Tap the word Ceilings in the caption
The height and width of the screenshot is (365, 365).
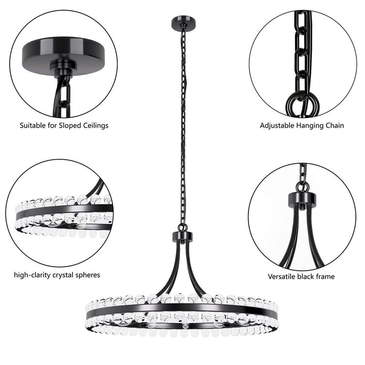coord(93,125)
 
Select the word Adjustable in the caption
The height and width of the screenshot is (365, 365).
coord(277,125)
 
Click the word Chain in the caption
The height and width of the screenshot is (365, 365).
coord(334,125)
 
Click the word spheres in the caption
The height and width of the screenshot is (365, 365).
coord(88,275)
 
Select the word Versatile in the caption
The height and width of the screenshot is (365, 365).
coord(283,277)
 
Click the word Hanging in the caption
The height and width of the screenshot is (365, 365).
coord(309,125)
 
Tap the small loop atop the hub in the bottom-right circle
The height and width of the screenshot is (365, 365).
coord(303,187)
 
